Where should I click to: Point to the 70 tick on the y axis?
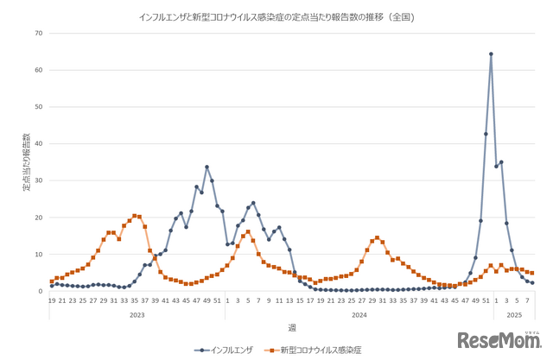pos(38,34)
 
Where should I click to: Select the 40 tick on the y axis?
pos(38,144)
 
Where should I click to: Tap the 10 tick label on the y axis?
pos(38,255)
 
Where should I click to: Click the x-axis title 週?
pos(291,327)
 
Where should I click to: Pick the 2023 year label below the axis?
pos(137,315)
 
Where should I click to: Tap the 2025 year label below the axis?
pos(514,315)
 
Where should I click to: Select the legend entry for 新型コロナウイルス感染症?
pos(319,351)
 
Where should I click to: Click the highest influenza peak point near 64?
pos(491,54)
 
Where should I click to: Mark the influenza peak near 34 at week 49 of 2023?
pos(207,167)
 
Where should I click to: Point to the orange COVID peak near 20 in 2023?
pos(134,216)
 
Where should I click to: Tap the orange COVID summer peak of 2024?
pos(377,237)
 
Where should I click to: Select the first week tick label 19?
pos(52,300)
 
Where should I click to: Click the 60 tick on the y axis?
pos(38,71)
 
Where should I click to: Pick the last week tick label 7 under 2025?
pos(527,300)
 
